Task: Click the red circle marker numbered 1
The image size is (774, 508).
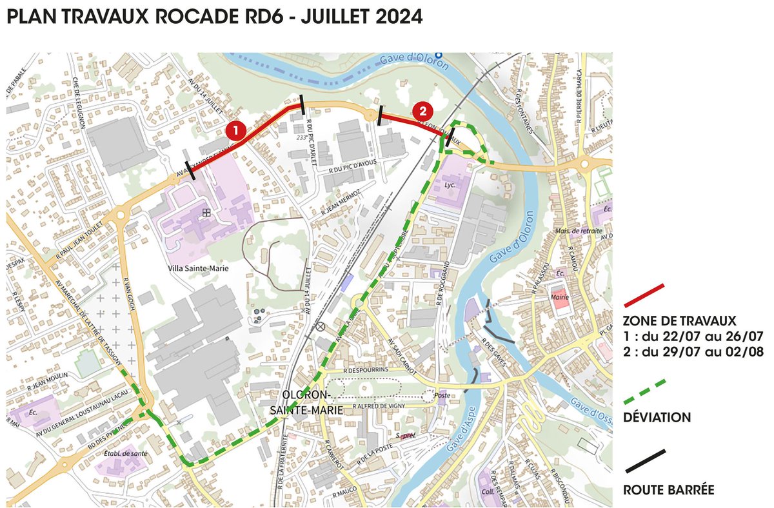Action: (235, 131)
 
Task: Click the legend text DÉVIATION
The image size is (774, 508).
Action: (657, 418)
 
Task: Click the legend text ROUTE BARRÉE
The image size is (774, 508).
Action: (668, 489)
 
